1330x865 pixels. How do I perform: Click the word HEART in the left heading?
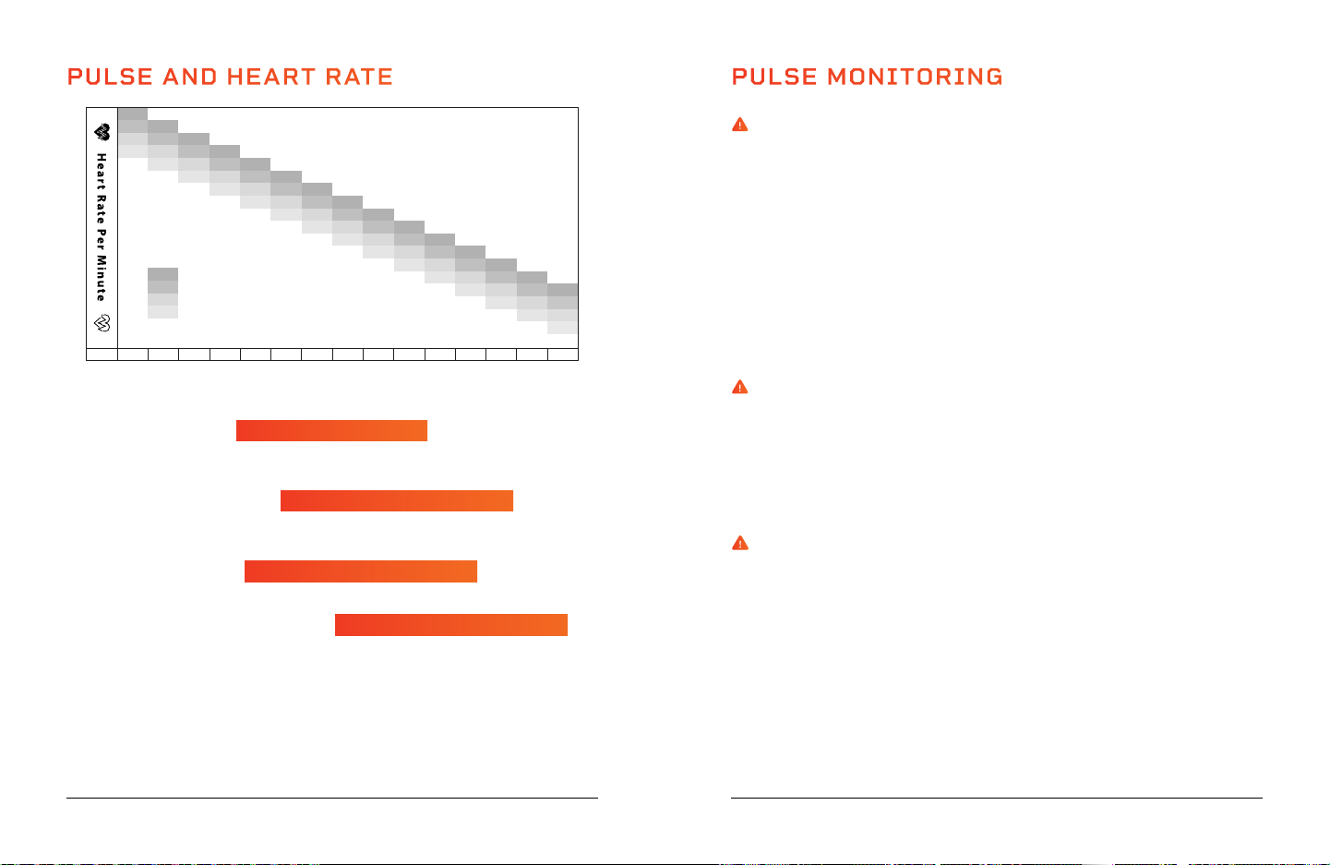click(x=270, y=77)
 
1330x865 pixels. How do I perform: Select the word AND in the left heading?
click(x=189, y=77)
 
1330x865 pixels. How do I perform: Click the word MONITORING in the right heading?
click(x=915, y=77)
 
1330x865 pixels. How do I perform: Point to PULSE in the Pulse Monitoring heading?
click(x=774, y=77)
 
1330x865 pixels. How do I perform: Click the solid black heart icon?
click(x=102, y=132)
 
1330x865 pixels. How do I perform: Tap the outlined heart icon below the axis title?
click(x=102, y=323)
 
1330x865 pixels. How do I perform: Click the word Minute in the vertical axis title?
click(x=102, y=278)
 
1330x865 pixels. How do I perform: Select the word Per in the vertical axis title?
click(x=102, y=239)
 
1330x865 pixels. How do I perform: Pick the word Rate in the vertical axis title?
click(x=102, y=209)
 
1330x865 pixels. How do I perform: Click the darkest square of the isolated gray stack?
click(x=162, y=274)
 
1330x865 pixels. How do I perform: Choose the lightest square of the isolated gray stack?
click(x=162, y=312)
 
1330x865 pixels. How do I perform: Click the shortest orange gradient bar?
click(x=331, y=430)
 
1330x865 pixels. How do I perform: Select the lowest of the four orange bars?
click(x=451, y=625)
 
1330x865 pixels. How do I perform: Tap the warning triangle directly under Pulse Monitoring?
click(x=740, y=125)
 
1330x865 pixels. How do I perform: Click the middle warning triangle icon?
click(x=740, y=387)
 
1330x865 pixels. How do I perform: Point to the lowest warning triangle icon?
click(x=740, y=543)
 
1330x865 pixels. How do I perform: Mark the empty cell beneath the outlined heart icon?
click(x=102, y=354)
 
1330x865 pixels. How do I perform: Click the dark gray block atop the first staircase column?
click(x=132, y=114)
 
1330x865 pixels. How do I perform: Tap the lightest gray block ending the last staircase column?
click(x=562, y=328)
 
